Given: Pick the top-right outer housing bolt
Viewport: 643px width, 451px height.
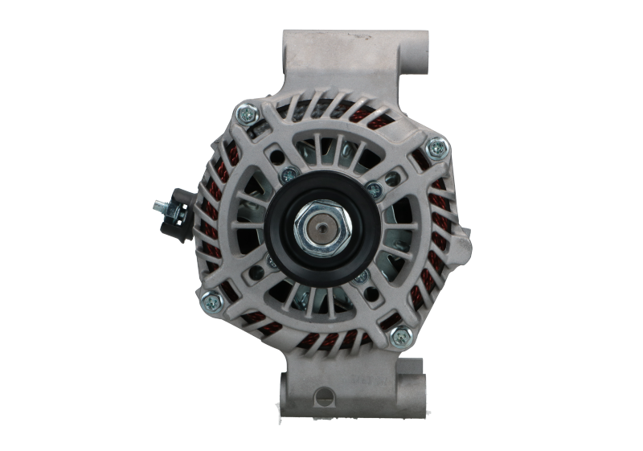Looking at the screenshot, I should [436, 146].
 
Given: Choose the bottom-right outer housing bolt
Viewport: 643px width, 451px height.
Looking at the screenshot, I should [397, 337].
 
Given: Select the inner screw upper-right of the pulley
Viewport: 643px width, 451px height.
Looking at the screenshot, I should [373, 189].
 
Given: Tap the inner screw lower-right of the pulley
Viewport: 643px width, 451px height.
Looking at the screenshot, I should [361, 277].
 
